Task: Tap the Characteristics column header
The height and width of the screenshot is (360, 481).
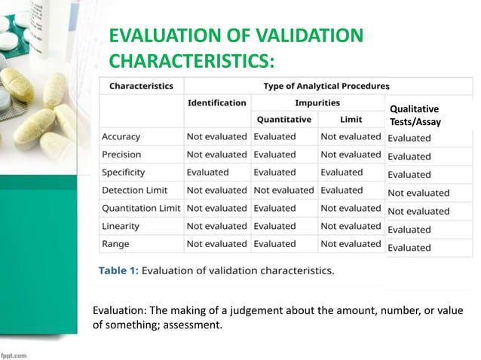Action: tap(141, 85)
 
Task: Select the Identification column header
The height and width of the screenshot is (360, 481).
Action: tap(216, 102)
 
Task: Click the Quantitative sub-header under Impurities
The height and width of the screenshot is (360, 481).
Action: tap(284, 119)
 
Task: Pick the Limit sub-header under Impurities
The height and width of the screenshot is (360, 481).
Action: tap(351, 119)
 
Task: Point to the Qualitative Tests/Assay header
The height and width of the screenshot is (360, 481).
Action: tap(415, 115)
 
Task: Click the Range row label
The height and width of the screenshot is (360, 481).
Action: tap(117, 243)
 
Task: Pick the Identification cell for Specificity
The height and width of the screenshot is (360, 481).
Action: tap(207, 172)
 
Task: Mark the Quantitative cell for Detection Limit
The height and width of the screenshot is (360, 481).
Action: tap(284, 191)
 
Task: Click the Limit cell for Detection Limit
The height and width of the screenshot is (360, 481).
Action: tap(342, 191)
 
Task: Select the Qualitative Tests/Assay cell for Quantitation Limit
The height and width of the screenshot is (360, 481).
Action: tap(418, 211)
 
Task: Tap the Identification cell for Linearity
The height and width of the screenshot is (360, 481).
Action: tap(216, 226)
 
